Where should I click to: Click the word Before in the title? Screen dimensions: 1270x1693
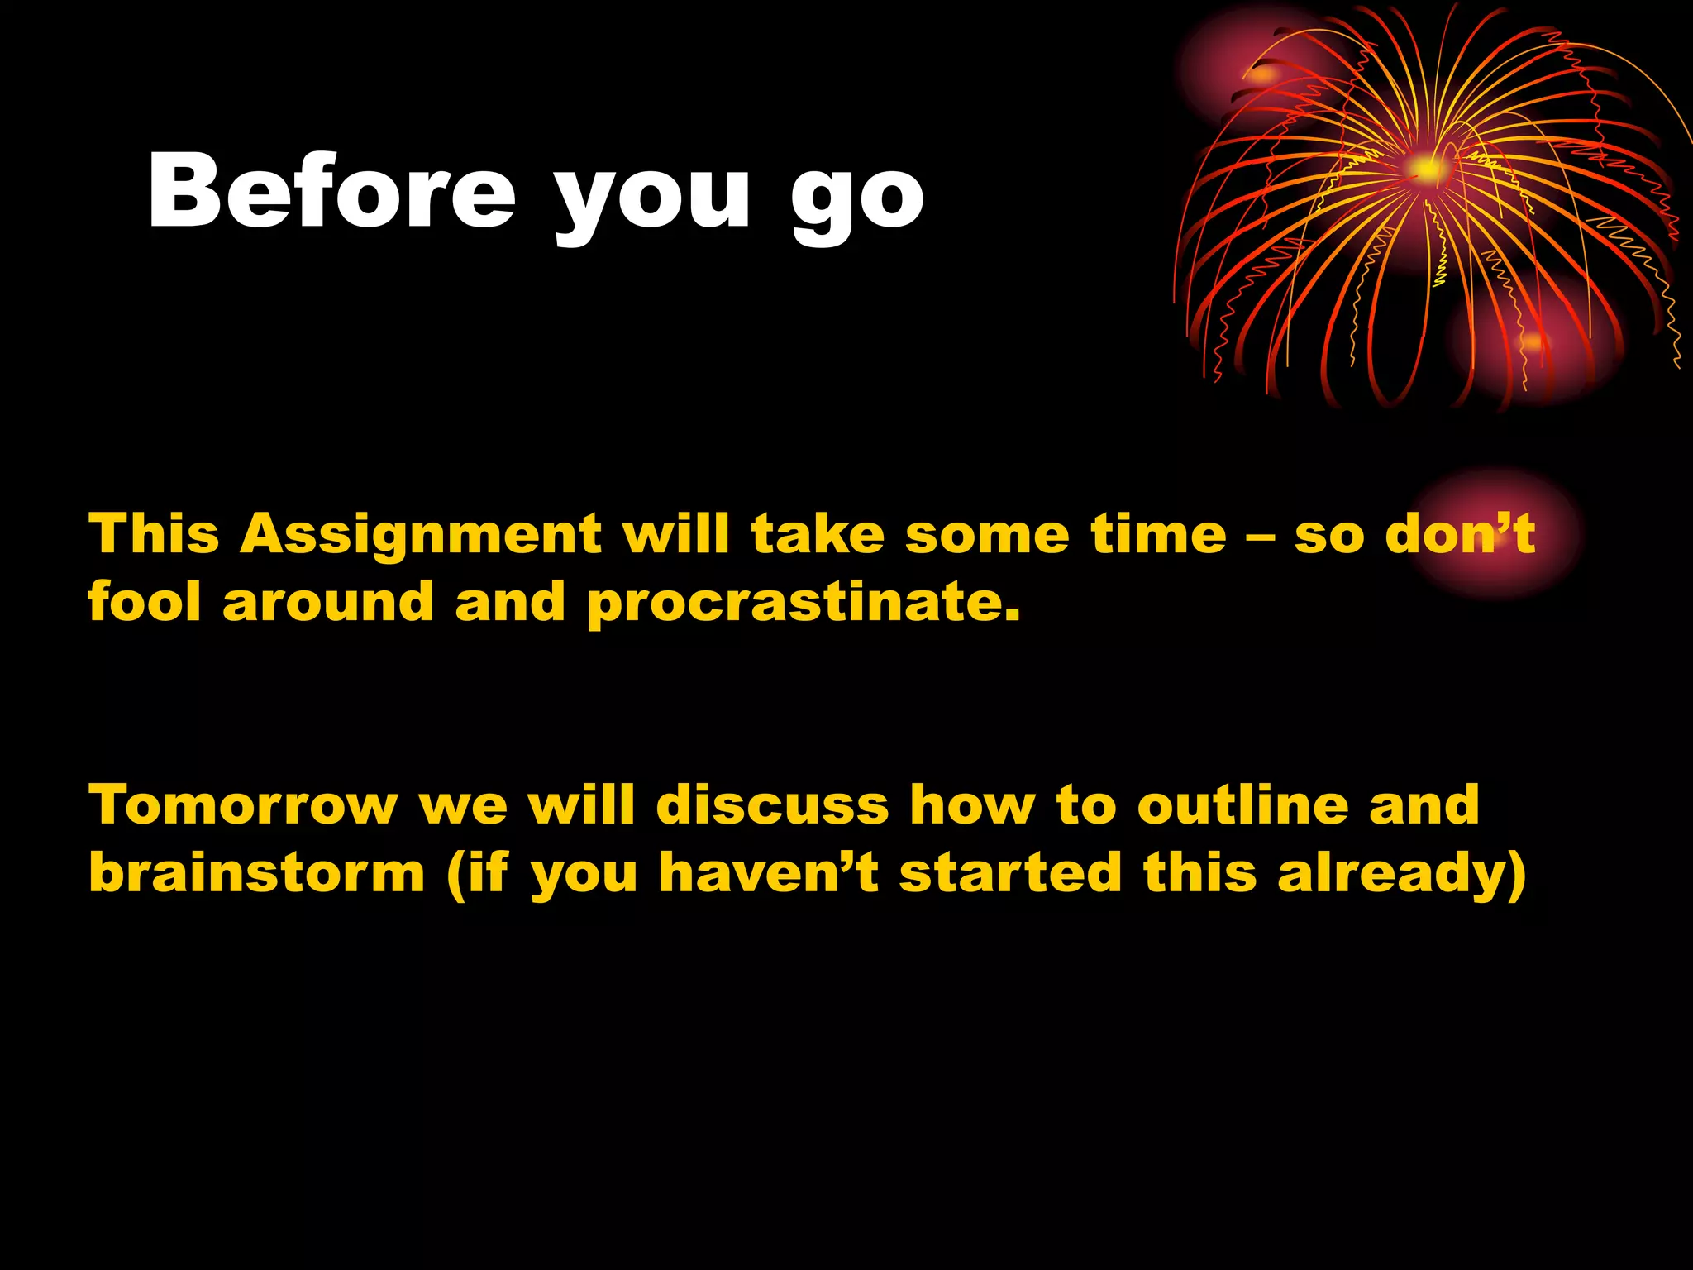pos(331,192)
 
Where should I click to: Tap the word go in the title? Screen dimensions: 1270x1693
pos(857,198)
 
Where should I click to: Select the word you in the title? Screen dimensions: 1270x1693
pos(651,198)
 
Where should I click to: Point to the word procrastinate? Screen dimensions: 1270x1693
pos(804,604)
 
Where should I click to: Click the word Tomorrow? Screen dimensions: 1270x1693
pos(243,805)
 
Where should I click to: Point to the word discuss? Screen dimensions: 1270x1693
pos(772,805)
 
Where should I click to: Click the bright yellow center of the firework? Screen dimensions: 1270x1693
pos(1426,169)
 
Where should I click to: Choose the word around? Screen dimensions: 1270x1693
pos(328,604)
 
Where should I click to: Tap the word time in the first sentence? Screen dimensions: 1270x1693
pos(1158,534)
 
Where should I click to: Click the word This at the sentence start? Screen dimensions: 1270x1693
pos(154,534)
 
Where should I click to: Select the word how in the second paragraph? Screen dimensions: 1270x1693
pos(971,805)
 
